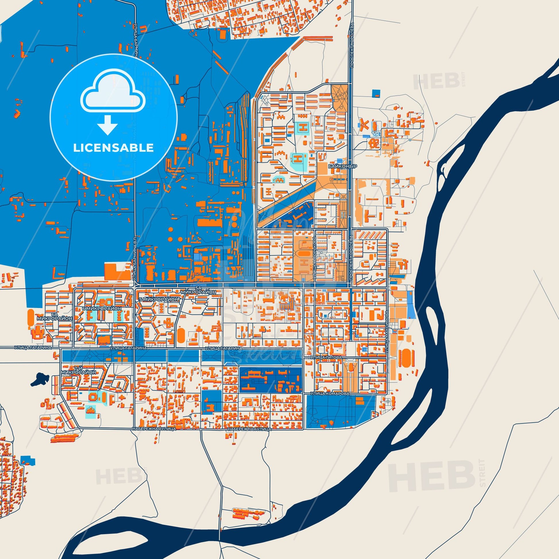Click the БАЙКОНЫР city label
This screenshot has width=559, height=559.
point(339,167)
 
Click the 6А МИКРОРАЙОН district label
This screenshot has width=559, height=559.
point(54,316)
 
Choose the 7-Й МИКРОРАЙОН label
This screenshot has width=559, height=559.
point(78,370)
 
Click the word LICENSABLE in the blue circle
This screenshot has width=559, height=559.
point(113,148)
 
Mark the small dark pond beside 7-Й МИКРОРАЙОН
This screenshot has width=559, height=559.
point(40,378)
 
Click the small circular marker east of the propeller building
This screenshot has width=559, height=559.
point(410,140)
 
